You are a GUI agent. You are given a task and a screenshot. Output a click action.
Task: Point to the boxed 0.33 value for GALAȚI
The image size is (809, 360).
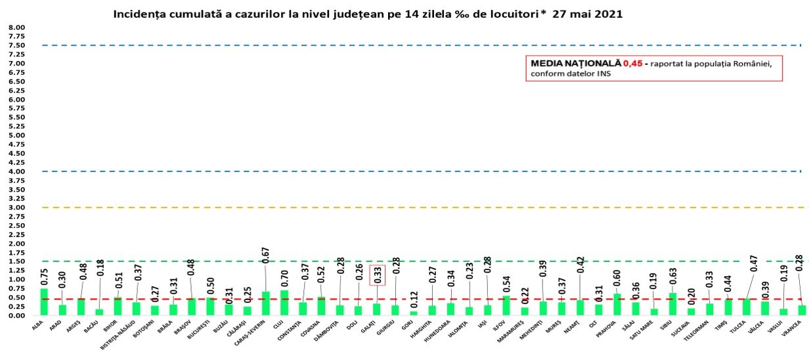(377, 275)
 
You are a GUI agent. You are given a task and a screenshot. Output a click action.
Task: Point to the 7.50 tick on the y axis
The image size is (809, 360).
(16, 45)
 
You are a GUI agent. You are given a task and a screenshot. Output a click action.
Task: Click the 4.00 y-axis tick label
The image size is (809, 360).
(16, 171)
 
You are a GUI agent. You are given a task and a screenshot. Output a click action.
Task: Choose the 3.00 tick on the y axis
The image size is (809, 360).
(16, 208)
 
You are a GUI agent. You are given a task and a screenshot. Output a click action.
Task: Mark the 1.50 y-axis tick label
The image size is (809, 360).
(16, 261)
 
